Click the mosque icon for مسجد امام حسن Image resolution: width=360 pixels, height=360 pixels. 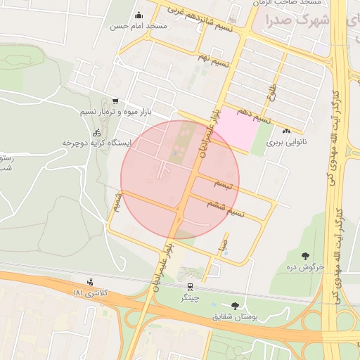click(x=139, y=15)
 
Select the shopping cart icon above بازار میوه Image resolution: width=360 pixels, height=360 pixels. click(x=115, y=101)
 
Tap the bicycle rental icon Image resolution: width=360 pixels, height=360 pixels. click(x=97, y=132)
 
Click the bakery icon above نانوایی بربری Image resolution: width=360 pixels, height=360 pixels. click(x=286, y=131)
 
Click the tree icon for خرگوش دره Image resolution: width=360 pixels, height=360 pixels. click(x=305, y=256)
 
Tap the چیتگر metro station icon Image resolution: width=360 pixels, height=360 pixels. click(x=189, y=287)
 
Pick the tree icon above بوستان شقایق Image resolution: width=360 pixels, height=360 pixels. click(x=234, y=306)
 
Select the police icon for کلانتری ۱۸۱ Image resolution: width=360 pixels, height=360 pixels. click(x=89, y=283)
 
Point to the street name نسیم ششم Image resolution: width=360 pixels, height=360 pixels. click(x=225, y=207)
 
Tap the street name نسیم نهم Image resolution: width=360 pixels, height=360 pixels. click(x=213, y=60)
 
